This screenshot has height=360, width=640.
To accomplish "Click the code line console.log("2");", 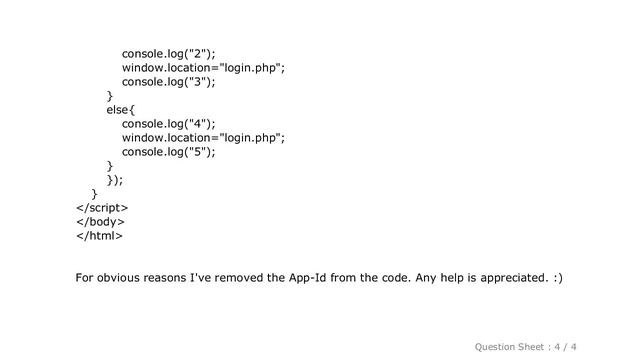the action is click(x=169, y=53).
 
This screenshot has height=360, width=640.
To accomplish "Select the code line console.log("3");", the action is click(x=169, y=82).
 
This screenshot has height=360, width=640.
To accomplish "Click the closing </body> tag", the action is click(x=102, y=222).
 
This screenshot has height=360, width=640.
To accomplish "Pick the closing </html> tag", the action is click(x=100, y=236).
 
